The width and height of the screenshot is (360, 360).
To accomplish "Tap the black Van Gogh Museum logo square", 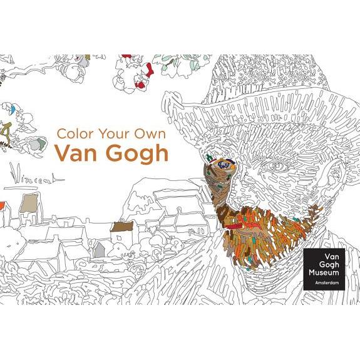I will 323,269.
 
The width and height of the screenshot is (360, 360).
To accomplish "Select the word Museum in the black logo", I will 323,274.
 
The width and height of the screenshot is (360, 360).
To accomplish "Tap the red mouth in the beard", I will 234,220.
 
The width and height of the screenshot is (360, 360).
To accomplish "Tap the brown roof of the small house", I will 119,227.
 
